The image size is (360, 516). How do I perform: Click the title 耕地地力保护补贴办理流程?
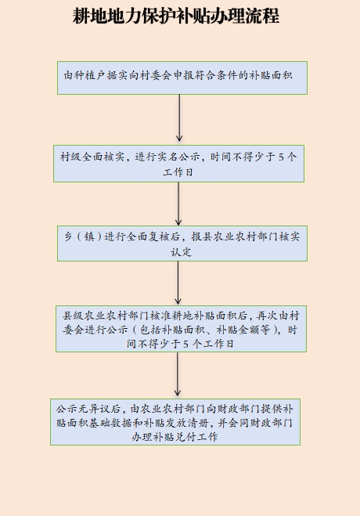tap(176, 16)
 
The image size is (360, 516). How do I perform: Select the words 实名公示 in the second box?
tap(178, 157)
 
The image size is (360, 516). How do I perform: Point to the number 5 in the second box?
tap(281, 157)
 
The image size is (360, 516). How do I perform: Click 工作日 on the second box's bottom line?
tap(178, 171)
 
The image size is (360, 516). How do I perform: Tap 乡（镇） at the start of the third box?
tap(84, 236)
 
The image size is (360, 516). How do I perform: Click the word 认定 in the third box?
tap(181, 252)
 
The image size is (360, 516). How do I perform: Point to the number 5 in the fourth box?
tap(185, 345)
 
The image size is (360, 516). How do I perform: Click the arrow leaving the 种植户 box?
tap(179, 118)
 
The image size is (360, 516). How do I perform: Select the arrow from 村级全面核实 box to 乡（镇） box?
tap(178, 204)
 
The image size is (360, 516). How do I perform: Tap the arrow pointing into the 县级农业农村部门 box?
tap(178, 283)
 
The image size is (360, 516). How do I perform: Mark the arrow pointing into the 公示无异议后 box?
tap(178, 374)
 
